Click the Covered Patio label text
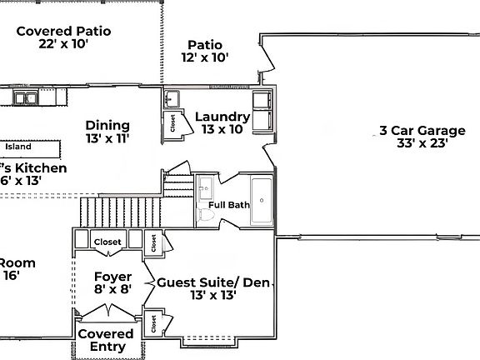click(63, 31)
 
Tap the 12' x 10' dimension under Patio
click(204, 57)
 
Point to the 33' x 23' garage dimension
click(422, 142)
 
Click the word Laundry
click(222, 117)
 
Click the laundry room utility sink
click(172, 99)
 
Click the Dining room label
click(107, 125)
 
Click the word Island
click(18, 147)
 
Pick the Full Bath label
click(228, 204)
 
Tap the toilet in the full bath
click(207, 217)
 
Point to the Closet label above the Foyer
click(107, 242)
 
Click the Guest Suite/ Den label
click(214, 282)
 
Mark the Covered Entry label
click(106, 340)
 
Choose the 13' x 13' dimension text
click(213, 295)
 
